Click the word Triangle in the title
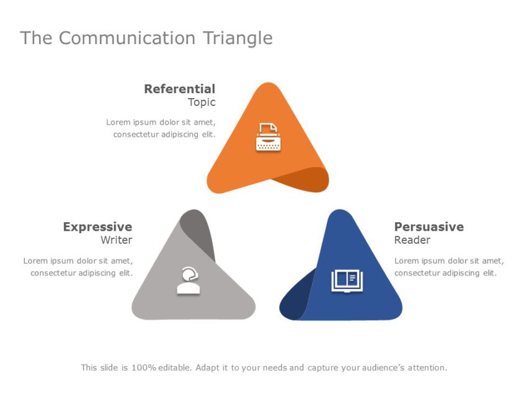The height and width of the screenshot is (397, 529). coord(238,38)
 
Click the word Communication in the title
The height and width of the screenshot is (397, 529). coord(127,38)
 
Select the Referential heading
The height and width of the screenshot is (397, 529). coord(179,89)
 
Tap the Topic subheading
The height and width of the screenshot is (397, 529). coord(202,102)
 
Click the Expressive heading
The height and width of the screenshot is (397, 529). coord(97,227)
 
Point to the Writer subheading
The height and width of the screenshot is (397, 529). coord(117,240)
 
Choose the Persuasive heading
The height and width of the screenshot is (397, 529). coord(429,227)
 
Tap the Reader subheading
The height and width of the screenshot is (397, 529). coord(412,240)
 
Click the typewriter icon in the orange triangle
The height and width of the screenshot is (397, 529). coord(268,137)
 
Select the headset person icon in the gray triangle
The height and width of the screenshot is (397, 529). coord(189,280)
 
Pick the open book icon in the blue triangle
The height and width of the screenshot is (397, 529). coord(347,280)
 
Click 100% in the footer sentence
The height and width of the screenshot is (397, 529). coord(143,368)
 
